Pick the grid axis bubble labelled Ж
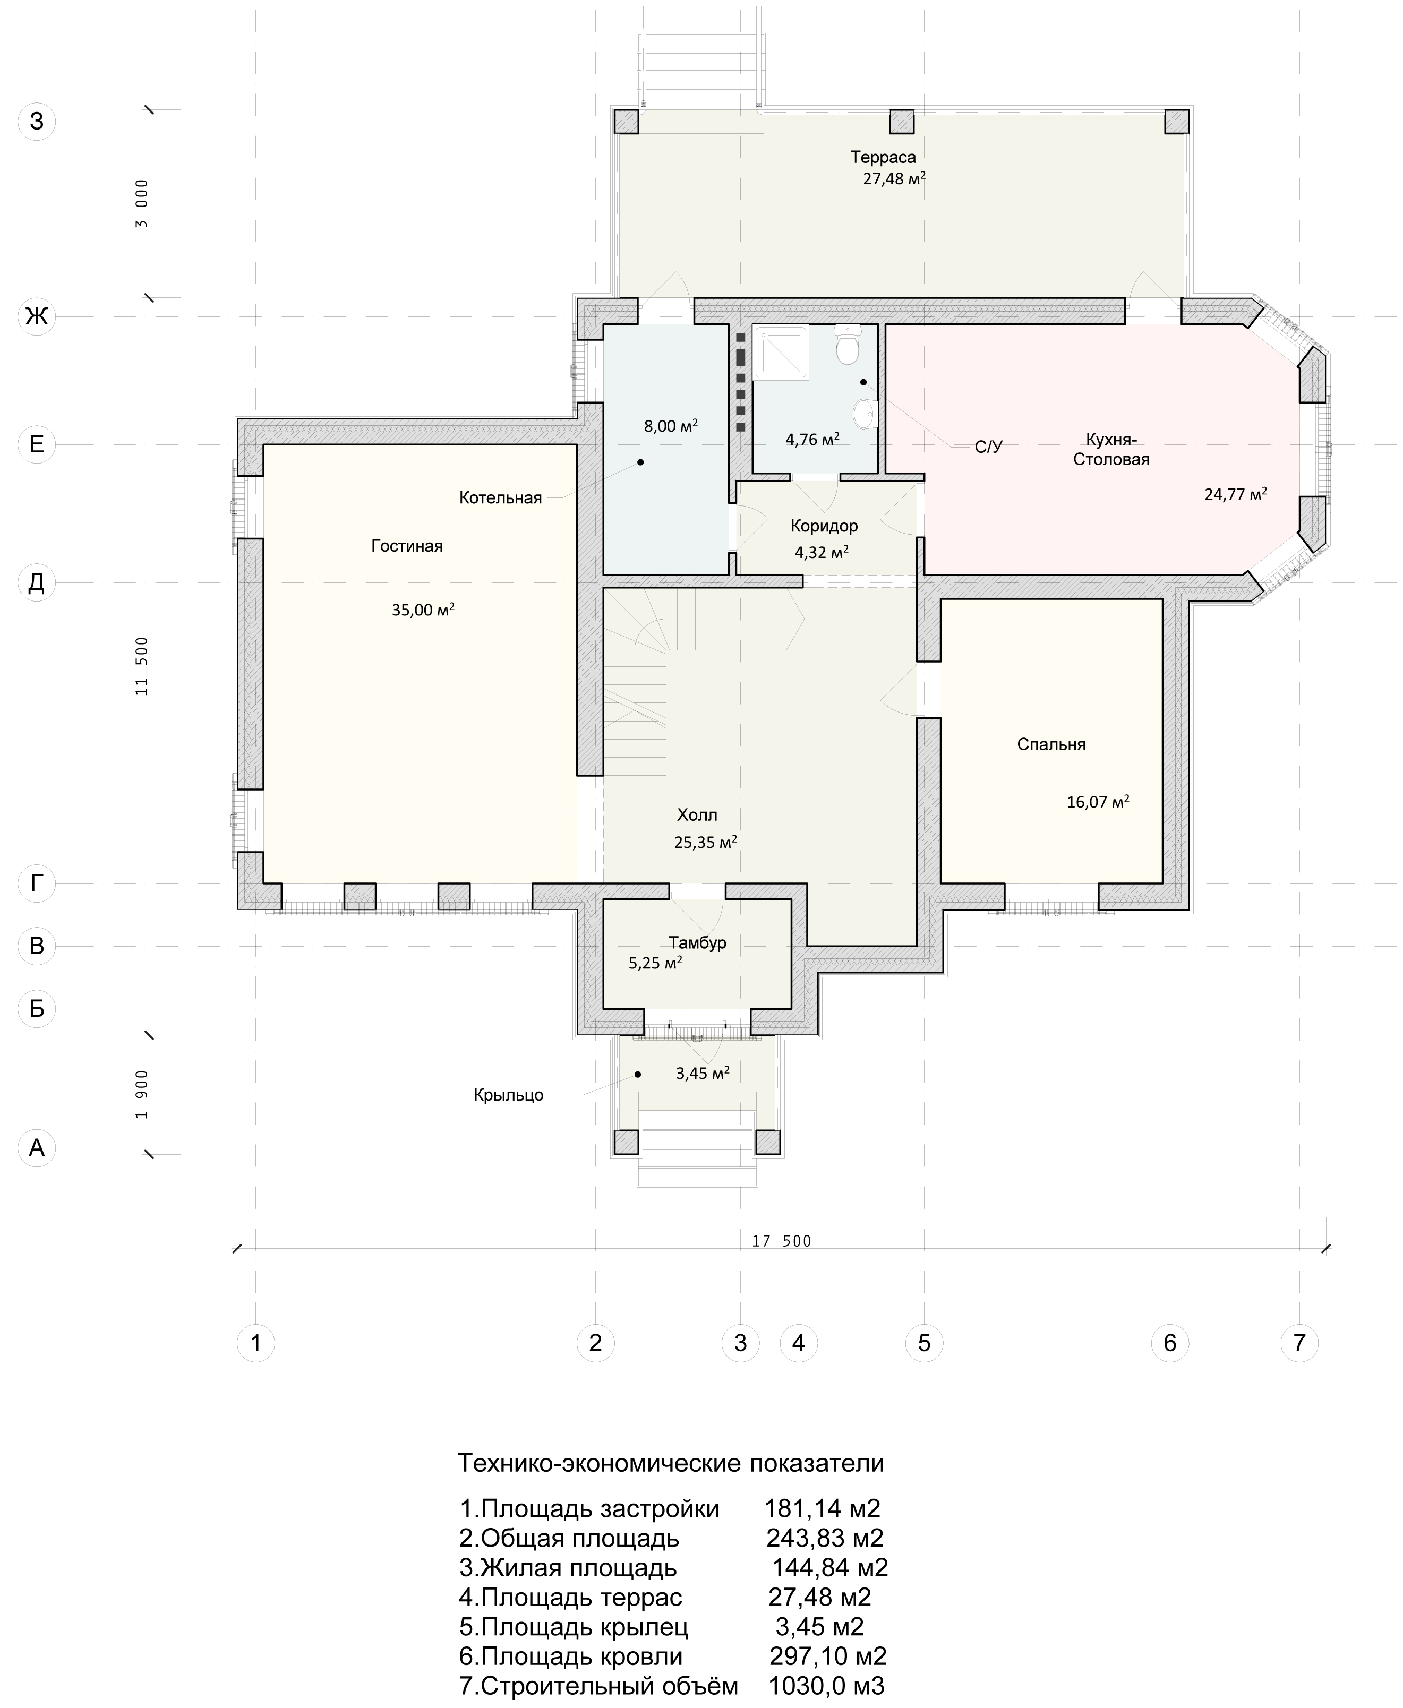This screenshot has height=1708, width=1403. (x=36, y=316)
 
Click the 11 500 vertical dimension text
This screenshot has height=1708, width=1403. (x=142, y=666)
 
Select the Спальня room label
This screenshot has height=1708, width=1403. (x=1050, y=744)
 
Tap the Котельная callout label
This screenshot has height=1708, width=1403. (x=500, y=497)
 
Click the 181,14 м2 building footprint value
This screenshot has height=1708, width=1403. (x=822, y=1508)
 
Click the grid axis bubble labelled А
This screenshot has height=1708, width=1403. (x=36, y=1147)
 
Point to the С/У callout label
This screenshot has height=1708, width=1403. (x=988, y=447)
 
